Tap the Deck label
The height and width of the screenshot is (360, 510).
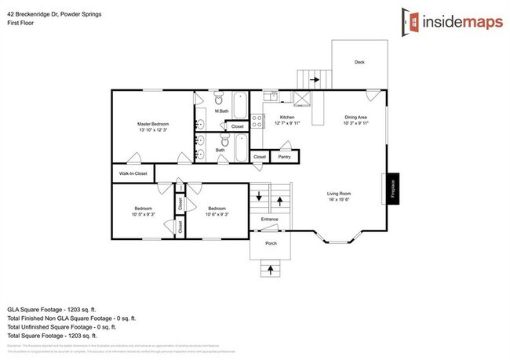tap(359, 63)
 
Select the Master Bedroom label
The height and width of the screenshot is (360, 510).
tap(153, 124)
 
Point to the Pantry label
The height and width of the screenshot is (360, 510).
tap(284, 157)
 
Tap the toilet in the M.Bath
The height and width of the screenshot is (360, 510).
tap(218, 100)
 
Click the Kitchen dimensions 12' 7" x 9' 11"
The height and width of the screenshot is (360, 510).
tap(288, 123)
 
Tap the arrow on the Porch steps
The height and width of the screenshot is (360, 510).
tap(271, 270)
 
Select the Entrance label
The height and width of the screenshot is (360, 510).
tap(269, 219)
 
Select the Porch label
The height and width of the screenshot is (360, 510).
tap(271, 243)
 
